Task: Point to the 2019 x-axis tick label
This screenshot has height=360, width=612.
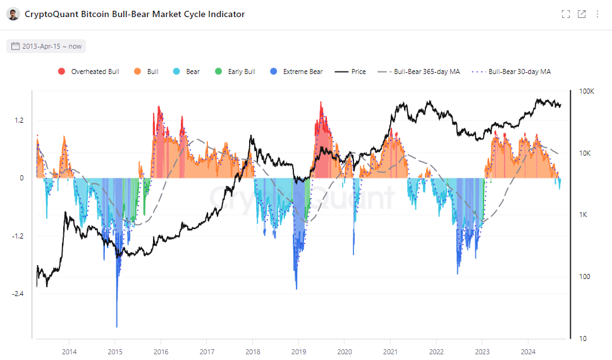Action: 299,351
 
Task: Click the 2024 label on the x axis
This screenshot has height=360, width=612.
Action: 529,351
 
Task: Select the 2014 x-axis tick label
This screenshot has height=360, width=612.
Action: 70,351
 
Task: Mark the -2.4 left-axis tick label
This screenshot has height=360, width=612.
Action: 17,294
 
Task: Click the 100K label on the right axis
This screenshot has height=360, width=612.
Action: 587,92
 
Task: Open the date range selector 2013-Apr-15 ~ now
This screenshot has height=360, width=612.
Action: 46,46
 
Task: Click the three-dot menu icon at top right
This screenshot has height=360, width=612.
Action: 597,14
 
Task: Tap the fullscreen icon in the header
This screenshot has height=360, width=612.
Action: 566,14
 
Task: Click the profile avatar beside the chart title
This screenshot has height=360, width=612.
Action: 13,14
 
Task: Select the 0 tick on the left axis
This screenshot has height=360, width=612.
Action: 21,178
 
